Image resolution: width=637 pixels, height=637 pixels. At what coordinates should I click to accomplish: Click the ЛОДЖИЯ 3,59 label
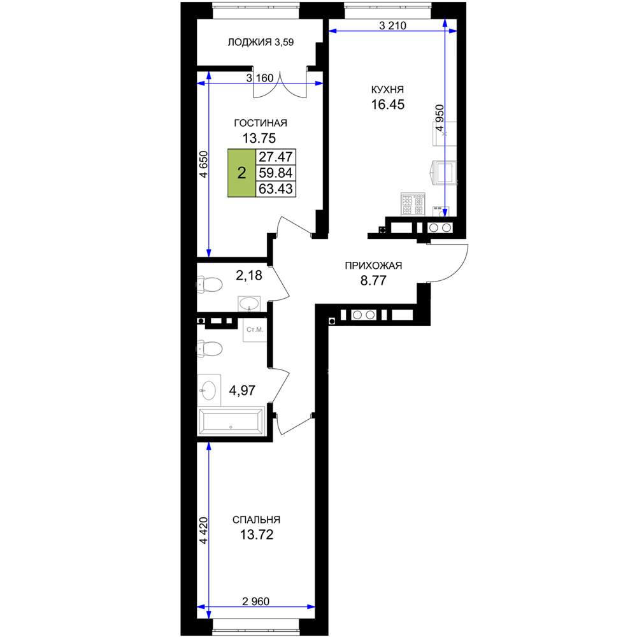pos(261,42)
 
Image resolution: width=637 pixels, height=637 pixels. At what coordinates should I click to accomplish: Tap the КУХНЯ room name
pos(387,89)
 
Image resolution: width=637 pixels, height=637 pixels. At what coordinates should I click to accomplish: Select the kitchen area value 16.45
pos(387,104)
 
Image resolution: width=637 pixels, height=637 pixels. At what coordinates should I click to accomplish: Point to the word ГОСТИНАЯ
pos(261,123)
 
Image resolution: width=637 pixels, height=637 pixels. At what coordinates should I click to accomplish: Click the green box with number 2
pos(241,173)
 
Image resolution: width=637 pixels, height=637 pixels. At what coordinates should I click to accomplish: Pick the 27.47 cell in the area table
pos(276,157)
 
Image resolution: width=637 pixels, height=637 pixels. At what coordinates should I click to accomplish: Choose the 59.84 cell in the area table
pos(276,173)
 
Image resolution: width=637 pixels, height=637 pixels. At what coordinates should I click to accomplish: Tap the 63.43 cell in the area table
pos(276,189)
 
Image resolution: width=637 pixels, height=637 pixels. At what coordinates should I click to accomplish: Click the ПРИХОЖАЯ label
pos(373,266)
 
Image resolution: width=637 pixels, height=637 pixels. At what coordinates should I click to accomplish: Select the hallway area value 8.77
pos(373,280)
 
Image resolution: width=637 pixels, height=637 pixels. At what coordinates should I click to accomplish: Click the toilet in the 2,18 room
pos(210,284)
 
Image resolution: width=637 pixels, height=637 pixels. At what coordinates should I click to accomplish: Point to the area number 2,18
pos(249,275)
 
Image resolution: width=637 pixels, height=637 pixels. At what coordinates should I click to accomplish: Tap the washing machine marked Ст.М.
pos(255,330)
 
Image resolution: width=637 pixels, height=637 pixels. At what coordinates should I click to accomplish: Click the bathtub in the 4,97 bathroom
pos(231,421)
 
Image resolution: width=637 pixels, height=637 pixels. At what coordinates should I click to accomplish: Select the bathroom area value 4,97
pos(242,390)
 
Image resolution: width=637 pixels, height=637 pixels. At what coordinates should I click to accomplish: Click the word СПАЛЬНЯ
pos(256,520)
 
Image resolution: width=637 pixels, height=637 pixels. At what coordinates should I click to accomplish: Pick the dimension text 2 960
pos(255,601)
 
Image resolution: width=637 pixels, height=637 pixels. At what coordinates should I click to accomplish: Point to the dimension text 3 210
pos(392,25)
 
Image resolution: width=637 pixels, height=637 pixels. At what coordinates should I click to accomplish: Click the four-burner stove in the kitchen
pos(413,204)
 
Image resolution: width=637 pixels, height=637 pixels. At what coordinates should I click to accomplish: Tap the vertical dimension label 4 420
pos(203,530)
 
